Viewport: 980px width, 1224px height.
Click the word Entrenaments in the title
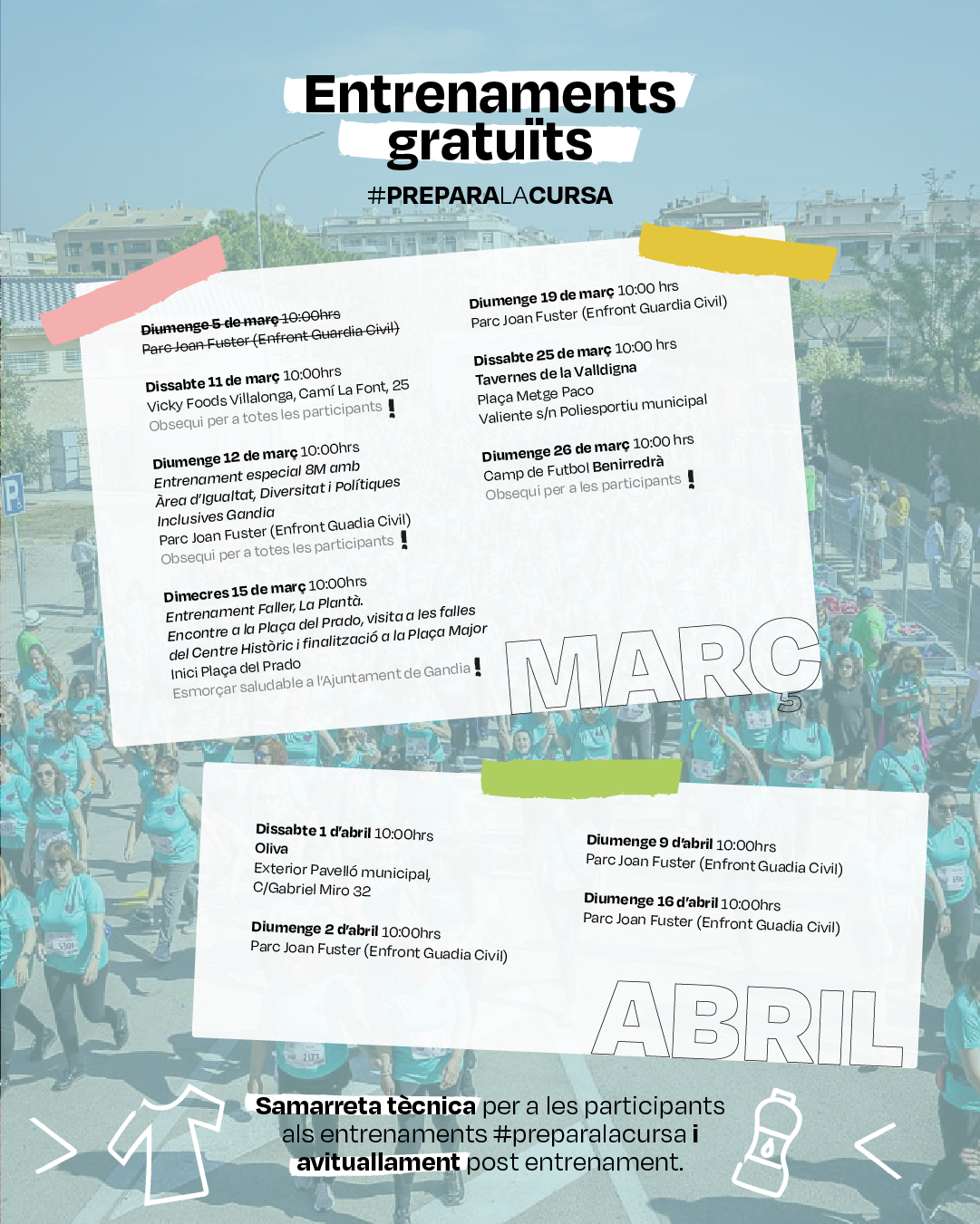point(490,94)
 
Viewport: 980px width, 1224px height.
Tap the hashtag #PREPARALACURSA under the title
point(490,196)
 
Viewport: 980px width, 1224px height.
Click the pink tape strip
point(134,290)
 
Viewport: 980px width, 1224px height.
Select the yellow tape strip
point(736,251)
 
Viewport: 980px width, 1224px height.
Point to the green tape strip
point(581,778)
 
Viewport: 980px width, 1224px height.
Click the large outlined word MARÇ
point(663,670)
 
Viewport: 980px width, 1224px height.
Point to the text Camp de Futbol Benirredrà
point(573,469)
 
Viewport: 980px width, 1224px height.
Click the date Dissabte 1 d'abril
point(313,831)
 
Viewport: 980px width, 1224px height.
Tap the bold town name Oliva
point(271,849)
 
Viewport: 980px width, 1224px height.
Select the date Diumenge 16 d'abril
point(650,901)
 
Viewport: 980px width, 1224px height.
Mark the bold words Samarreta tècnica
point(365,1106)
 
